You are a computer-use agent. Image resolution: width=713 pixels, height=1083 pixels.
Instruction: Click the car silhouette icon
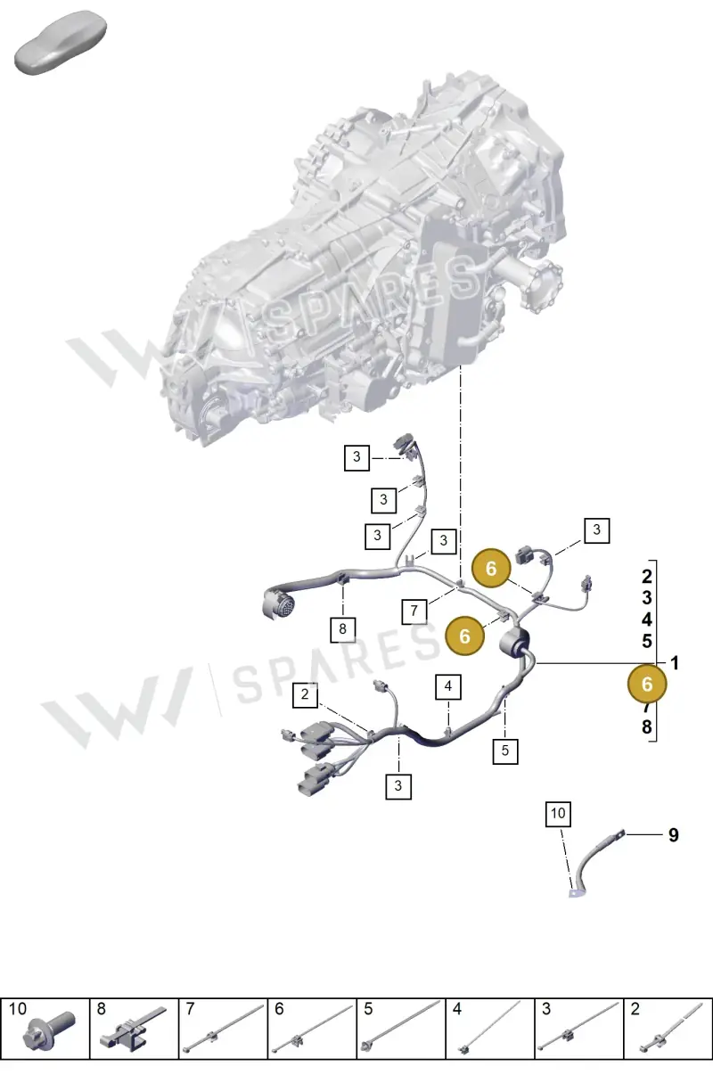coord(61,42)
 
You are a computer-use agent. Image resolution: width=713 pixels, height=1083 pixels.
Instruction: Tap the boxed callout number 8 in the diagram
coord(343,629)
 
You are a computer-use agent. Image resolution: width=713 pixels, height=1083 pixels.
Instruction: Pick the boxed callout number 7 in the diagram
coord(414,611)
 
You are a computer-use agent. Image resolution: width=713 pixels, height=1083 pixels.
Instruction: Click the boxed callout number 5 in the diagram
coord(505,751)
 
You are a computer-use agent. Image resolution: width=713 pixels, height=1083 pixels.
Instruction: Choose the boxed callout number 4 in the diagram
coord(448,686)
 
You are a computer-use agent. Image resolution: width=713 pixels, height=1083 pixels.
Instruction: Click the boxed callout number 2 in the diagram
coord(305,694)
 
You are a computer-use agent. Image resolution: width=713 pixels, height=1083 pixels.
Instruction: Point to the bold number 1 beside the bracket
coord(675,663)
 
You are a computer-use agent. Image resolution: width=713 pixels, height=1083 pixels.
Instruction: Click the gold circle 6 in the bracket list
coord(647,685)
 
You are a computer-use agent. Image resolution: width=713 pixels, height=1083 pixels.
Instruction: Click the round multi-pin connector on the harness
coord(280,603)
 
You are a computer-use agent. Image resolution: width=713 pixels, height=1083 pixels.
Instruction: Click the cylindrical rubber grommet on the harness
coord(514,644)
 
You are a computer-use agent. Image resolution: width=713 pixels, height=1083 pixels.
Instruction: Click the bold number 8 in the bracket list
coord(647,726)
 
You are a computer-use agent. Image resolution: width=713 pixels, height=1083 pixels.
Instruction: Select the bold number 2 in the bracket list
coord(647,577)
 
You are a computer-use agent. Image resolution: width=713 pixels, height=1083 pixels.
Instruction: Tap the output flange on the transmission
coord(543,285)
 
